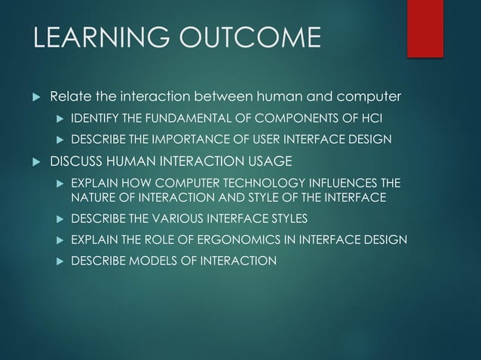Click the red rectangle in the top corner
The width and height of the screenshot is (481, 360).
[425, 27]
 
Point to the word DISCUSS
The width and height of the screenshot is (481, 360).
[75, 161]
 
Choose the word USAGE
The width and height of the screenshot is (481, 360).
[266, 161]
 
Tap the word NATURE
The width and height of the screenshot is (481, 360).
[93, 197]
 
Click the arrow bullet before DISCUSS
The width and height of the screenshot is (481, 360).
[33, 162]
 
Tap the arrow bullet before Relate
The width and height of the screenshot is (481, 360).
[33, 98]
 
